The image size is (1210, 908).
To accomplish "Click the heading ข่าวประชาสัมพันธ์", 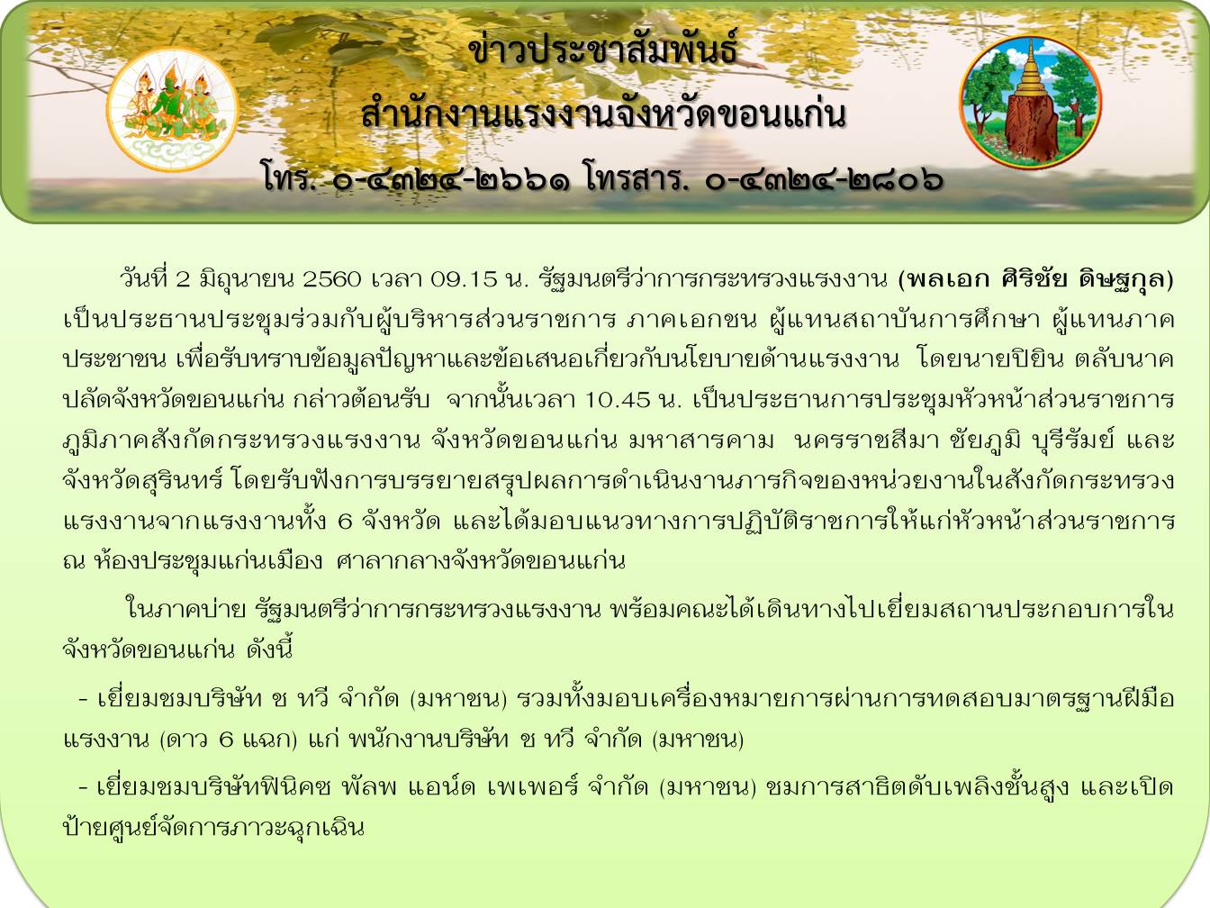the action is point(602,51).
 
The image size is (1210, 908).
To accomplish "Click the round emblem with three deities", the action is point(172,110).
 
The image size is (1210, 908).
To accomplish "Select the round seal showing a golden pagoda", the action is point(1030,103).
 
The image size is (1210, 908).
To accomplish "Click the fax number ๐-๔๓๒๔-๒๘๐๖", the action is point(824,180).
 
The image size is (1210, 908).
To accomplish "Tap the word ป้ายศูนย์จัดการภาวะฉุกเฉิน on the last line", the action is point(214,828).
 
